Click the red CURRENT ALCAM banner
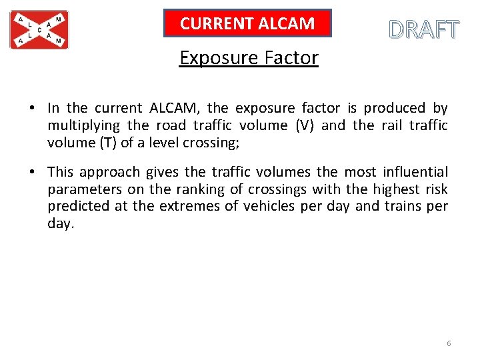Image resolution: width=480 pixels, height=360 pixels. coord(247,23)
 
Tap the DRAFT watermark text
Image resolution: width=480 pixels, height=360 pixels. coord(424,30)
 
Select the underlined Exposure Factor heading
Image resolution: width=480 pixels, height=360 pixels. coord(249,58)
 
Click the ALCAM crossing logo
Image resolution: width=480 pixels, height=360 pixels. coord(39,30)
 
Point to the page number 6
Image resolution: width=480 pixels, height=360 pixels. coord(449,343)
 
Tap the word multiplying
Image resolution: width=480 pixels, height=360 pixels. coord(84,125)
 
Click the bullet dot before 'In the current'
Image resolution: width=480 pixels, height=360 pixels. coord(32,108)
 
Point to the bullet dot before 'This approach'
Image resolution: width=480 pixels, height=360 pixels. coord(32,172)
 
